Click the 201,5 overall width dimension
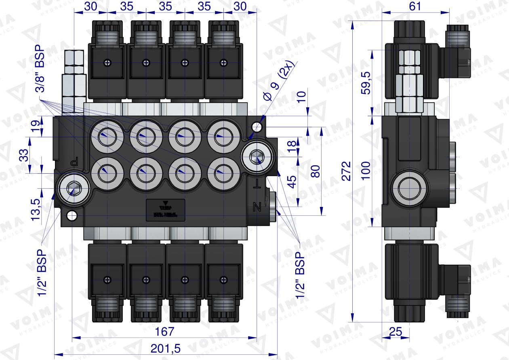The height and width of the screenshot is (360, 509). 166,347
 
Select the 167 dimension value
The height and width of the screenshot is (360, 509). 165,332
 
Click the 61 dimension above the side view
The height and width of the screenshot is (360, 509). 415,6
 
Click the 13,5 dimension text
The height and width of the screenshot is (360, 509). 36,208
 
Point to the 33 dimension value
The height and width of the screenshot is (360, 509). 24,155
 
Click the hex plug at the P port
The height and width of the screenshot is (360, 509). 73,188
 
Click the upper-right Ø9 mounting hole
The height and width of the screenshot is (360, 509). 255,127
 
